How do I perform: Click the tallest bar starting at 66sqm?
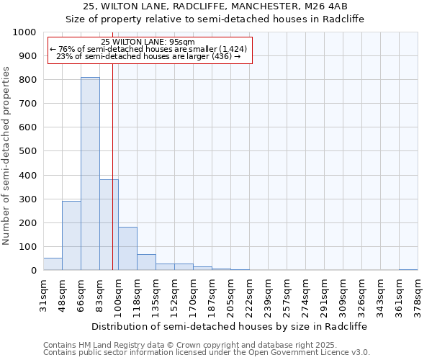point(90,174)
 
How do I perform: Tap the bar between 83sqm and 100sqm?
point(109,225)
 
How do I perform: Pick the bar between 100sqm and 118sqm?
point(127,248)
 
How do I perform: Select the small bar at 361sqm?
point(408,269)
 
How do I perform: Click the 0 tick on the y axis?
point(33,271)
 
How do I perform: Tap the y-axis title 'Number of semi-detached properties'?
point(6,156)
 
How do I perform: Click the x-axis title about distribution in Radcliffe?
point(230,326)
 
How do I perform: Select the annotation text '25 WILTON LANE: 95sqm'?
point(148,42)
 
